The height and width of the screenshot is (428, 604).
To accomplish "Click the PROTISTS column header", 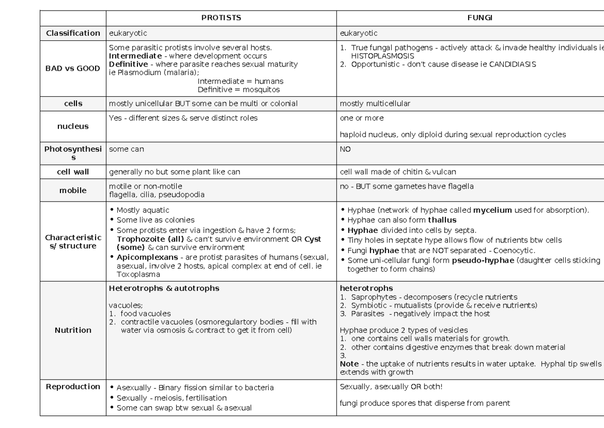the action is click(x=221, y=18).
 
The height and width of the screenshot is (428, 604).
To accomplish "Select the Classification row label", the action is click(x=73, y=33).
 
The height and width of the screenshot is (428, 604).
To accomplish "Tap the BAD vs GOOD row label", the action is click(x=73, y=69).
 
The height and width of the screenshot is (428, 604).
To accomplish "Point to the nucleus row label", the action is click(x=73, y=127).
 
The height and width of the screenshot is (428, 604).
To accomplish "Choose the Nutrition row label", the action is click(x=73, y=330).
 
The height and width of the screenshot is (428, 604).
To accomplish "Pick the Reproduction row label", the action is click(x=73, y=387).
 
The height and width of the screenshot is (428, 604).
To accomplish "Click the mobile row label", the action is click(x=73, y=191).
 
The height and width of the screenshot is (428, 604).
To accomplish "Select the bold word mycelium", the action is click(x=492, y=210).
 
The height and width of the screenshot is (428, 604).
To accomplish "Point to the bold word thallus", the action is click(x=442, y=220).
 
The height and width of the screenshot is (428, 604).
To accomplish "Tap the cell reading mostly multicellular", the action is click(x=375, y=104).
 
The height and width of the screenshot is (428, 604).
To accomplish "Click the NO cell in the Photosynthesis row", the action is click(x=345, y=150).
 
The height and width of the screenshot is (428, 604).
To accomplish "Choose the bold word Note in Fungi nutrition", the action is click(x=349, y=364).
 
